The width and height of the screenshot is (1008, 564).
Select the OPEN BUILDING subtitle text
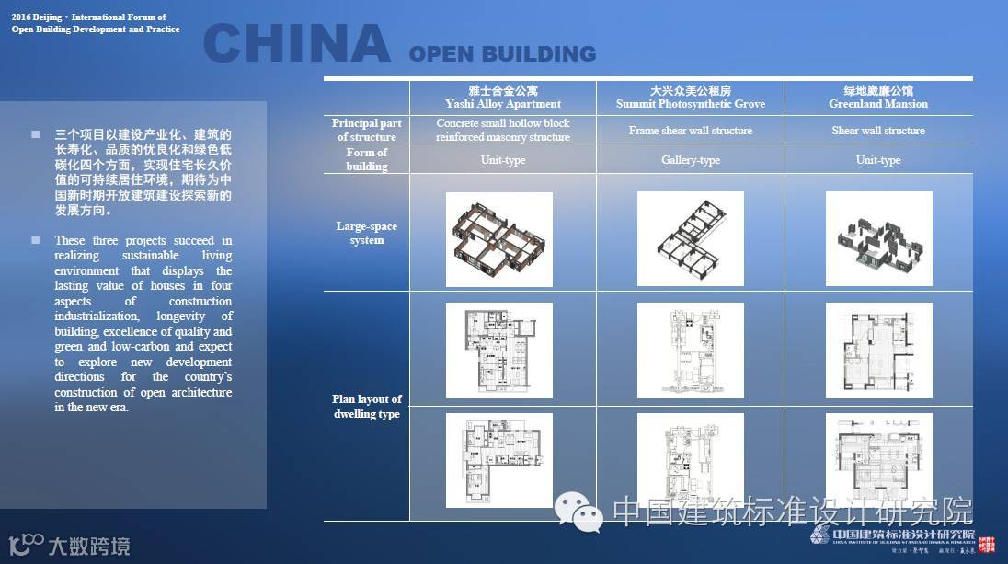(502, 54)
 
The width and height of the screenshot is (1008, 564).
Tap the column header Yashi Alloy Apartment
(503, 98)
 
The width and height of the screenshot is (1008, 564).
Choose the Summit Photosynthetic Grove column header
(691, 98)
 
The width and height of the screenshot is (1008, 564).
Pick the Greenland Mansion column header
(878, 98)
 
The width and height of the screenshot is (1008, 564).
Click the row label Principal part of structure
(367, 130)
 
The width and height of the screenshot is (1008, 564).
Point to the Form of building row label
(367, 159)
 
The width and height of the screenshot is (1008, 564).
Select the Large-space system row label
(367, 233)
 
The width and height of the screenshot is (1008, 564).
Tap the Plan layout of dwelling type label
(367, 406)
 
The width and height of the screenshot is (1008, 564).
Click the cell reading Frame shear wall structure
(691, 131)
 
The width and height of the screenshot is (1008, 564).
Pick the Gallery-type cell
(691, 160)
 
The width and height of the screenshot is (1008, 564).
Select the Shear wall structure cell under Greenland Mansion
(878, 131)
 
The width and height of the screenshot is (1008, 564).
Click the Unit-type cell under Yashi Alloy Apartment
(503, 160)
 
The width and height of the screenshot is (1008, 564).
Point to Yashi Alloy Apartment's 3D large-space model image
(499, 239)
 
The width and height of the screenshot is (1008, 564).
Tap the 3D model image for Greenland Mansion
(878, 239)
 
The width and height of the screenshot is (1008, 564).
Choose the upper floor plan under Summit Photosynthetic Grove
(691, 351)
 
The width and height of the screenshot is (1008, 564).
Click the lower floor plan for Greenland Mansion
(878, 461)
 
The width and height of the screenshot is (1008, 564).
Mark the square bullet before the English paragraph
(36, 240)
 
